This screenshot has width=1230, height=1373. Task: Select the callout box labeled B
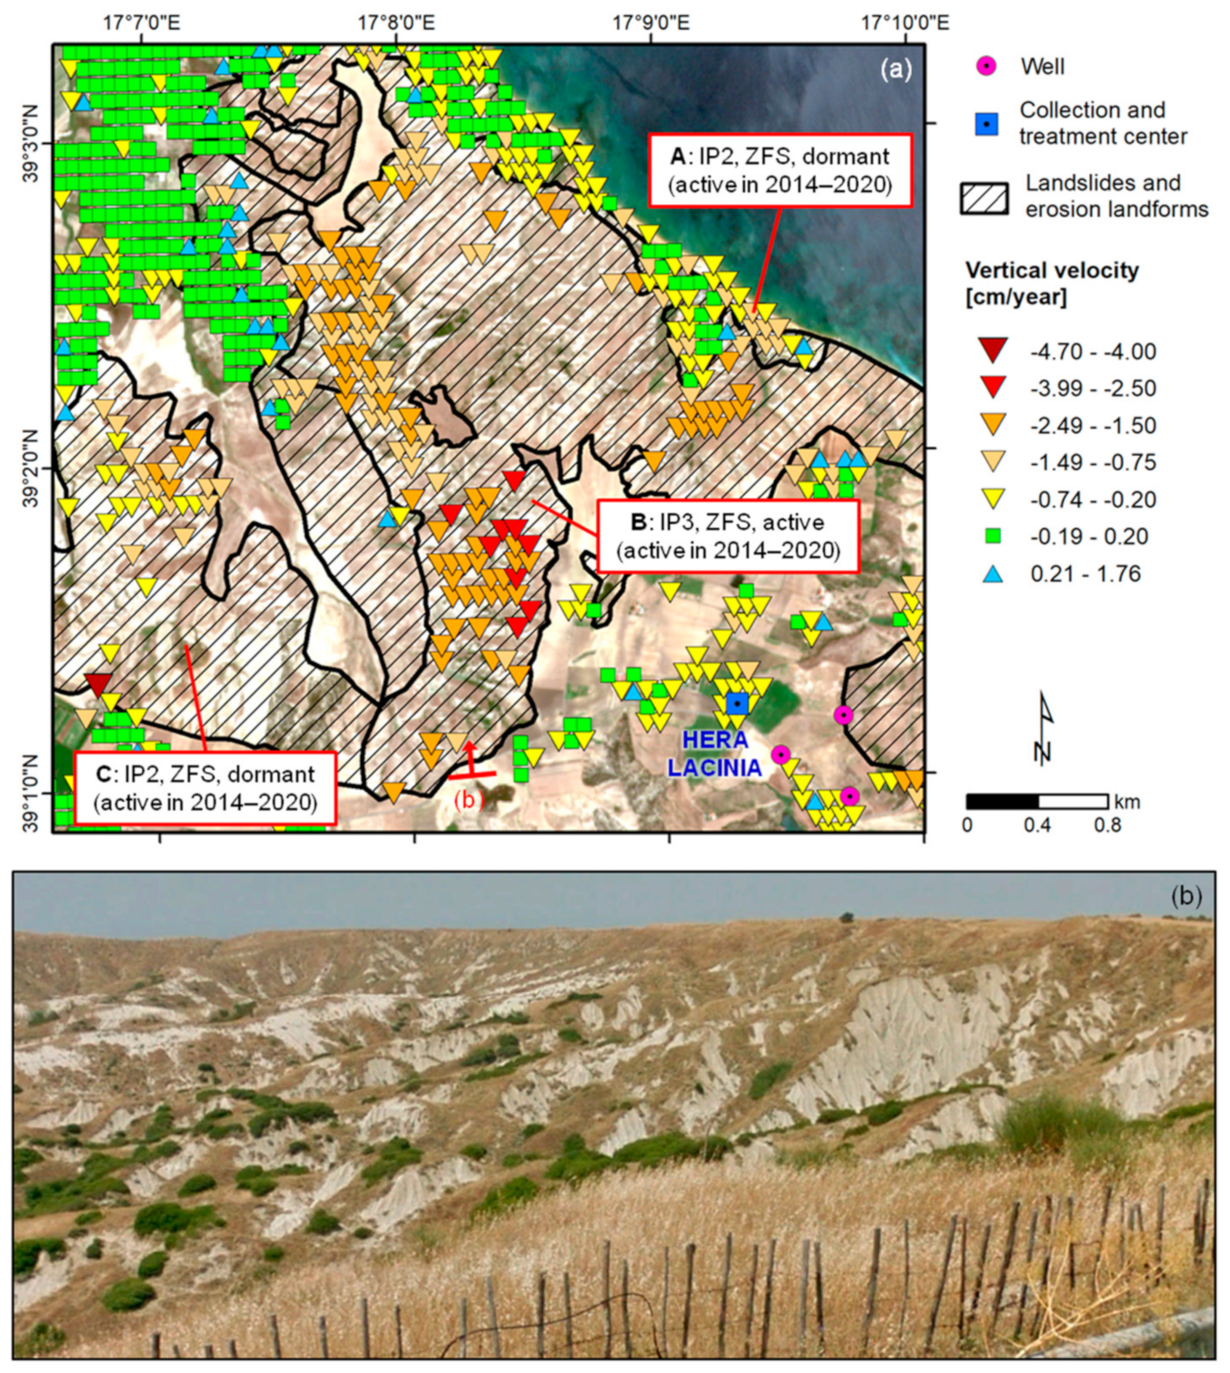tap(728, 536)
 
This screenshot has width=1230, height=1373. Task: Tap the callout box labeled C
tap(205, 788)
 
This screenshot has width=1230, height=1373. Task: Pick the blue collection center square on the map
tap(737, 704)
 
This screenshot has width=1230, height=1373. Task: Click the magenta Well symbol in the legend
tap(987, 66)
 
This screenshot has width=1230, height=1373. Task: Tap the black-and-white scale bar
tap(1037, 802)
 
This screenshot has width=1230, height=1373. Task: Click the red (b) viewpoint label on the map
tap(469, 799)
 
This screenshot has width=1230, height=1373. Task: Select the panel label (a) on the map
tap(895, 68)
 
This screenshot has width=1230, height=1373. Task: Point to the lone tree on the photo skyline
tap(846, 917)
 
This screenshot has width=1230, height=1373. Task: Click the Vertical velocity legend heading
tap(1052, 283)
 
